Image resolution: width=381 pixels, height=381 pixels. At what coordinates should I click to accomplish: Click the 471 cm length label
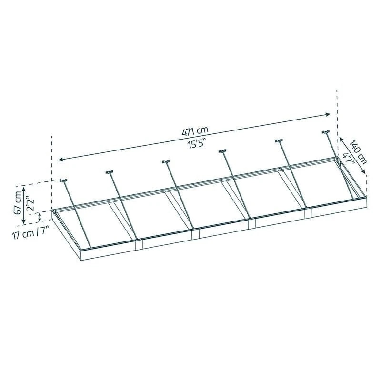click(195, 131)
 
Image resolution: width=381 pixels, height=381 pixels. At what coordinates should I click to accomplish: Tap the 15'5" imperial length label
click(195, 145)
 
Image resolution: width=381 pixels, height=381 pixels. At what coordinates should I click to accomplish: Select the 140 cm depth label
click(358, 152)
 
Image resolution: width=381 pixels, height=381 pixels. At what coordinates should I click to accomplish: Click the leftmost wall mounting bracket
click(63, 180)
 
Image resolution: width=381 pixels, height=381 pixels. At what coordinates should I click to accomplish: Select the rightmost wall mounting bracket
click(326, 132)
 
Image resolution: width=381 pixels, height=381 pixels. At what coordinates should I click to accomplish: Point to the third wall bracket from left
click(166, 161)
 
